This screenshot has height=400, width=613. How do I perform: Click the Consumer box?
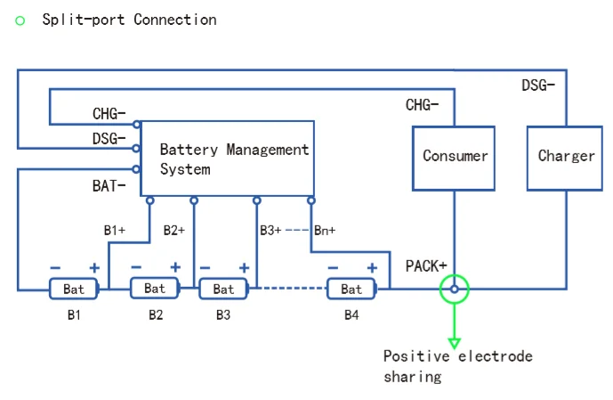[x=455, y=157]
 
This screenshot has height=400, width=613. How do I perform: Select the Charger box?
[x=566, y=157]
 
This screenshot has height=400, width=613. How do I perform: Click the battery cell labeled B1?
[x=74, y=289]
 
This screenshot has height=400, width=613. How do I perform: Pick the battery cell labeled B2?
[x=155, y=288]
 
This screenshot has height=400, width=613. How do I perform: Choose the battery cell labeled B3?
[x=223, y=289]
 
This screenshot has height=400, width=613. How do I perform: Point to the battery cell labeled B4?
[x=351, y=289]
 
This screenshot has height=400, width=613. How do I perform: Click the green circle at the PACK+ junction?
[x=455, y=289]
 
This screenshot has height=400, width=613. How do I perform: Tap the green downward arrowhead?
[x=455, y=342]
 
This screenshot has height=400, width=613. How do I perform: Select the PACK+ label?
[x=426, y=265]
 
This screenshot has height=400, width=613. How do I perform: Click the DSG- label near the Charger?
[x=538, y=86]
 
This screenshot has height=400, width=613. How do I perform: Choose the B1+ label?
[x=115, y=230]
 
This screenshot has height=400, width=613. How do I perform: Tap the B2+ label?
[x=174, y=230]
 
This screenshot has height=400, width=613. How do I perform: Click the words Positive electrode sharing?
[x=457, y=366]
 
